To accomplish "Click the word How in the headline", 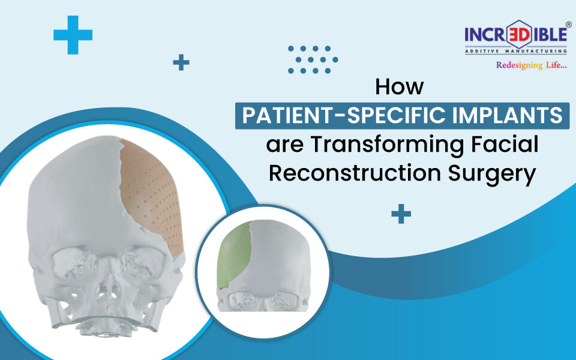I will [399, 87].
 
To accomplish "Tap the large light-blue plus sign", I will [73, 34].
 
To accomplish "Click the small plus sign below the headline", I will [401, 214].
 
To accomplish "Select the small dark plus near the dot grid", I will [181, 62].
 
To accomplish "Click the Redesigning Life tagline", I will [531, 65].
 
